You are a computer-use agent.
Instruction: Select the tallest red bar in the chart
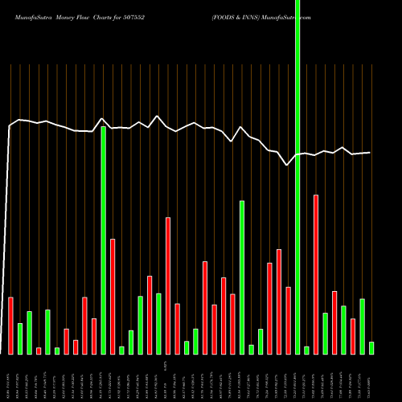316,273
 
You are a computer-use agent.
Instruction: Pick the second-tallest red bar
168,285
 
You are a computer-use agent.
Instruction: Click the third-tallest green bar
242,277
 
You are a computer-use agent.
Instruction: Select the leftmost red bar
10,326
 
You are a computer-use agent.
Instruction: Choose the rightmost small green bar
371,347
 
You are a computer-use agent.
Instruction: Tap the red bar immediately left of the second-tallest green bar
94,336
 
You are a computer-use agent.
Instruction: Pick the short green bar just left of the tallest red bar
306,350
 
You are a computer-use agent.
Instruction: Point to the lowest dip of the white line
287,165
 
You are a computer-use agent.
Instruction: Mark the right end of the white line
371,153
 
